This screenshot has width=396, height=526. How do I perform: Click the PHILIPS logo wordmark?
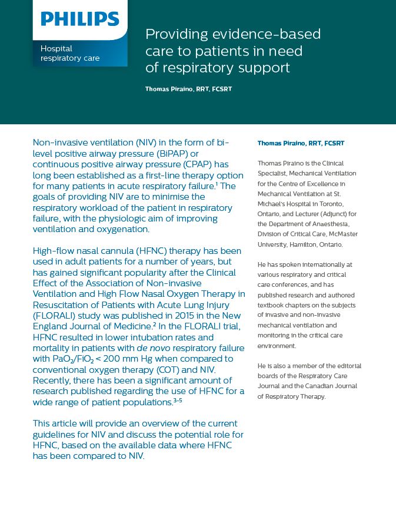tap(80, 19)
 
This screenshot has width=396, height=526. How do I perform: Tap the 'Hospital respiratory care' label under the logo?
tap(69, 53)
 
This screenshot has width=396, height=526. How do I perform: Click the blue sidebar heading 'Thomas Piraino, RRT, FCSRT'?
tap(301, 143)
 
